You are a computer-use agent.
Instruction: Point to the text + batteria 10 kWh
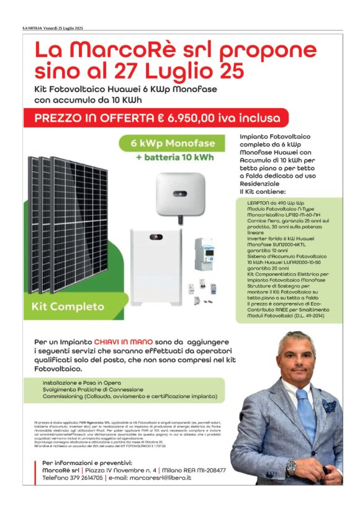point(174,157)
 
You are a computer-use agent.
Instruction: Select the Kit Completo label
point(68,307)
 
